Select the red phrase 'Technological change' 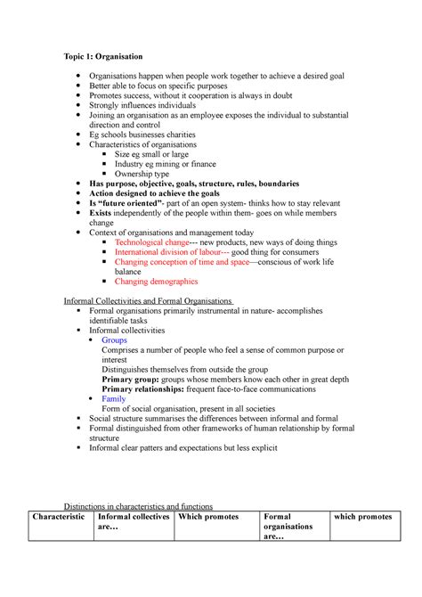[152, 242]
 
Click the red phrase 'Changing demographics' [156, 282]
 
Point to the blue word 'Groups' [115, 339]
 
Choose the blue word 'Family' [114, 398]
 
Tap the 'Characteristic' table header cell [59, 517]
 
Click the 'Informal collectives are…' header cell [133, 522]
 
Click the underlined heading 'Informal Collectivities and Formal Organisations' [148, 301]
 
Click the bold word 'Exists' [102, 213]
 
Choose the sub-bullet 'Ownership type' [149, 174]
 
